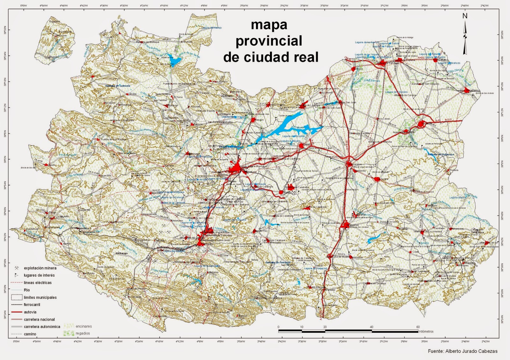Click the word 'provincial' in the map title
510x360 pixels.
coord(269,41)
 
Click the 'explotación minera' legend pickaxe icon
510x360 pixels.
coord(17,268)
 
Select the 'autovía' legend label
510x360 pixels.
coord(30,312)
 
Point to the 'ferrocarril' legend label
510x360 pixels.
coord(32,305)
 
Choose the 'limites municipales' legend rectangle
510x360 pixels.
coord(17,297)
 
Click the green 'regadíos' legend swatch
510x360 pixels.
coord(69,333)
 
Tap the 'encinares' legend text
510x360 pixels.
coord(84,326)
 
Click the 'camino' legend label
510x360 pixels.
coord(30,334)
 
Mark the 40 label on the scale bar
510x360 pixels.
coord(371,327)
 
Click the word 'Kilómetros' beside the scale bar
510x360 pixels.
coord(426,332)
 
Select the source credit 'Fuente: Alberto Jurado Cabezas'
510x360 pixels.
coord(463,351)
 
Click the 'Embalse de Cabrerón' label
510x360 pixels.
coord(118,86)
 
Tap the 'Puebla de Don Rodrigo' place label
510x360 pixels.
coord(114,140)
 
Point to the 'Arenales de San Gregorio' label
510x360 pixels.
coord(425,84)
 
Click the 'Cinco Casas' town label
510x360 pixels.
coord(383,119)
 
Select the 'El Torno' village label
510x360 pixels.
coord(178,97)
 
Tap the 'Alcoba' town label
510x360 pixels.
coord(133,94)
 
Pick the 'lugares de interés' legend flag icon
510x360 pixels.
coord(17,275)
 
